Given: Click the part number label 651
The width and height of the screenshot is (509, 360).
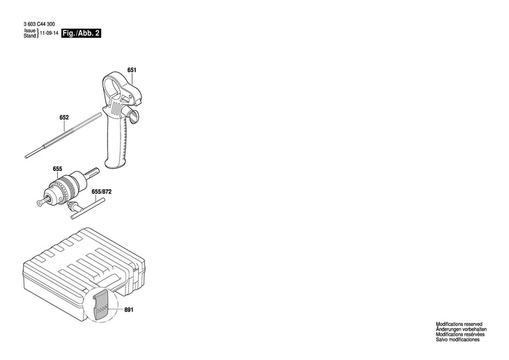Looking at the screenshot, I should (x=131, y=70).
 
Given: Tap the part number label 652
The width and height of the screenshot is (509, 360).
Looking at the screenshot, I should (x=64, y=117).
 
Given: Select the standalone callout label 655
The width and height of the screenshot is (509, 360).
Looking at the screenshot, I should (x=57, y=169).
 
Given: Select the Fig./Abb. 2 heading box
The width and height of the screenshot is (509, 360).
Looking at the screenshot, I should (x=81, y=33).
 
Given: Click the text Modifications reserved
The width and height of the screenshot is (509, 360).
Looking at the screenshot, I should (x=459, y=325).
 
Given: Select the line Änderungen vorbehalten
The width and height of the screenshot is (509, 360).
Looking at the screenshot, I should (x=461, y=330).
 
